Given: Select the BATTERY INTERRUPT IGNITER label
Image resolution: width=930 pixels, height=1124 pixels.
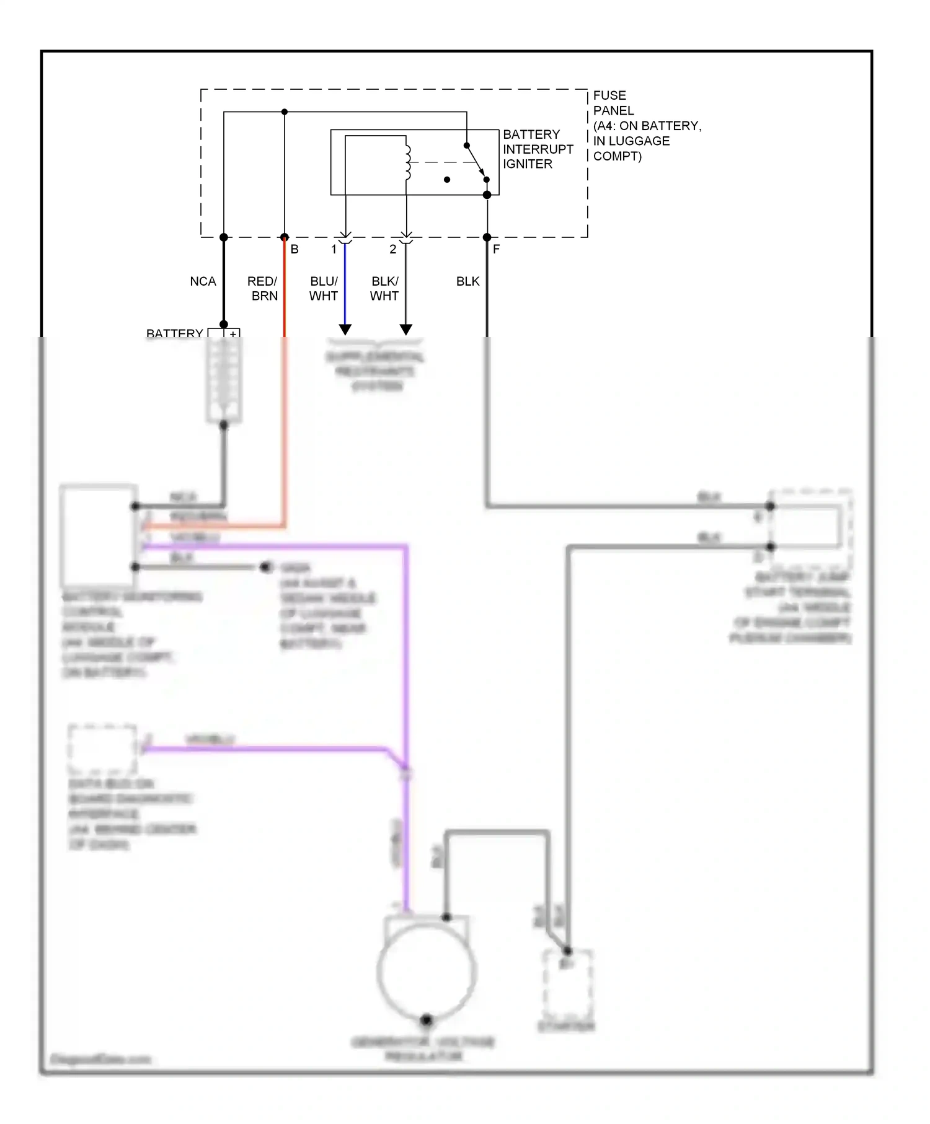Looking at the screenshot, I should point(538,149).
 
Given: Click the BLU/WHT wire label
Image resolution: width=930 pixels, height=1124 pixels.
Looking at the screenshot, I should point(324,289).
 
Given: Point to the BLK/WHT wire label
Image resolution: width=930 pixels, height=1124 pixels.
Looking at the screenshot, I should point(384,289).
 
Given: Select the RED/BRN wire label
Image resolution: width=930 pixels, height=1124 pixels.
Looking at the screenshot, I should point(263,289).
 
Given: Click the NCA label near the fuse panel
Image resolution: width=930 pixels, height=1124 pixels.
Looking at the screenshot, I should point(203,281).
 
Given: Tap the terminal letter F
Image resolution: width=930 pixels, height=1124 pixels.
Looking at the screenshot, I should point(496,249).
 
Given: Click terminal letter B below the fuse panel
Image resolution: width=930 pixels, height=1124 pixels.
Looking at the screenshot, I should point(294,249).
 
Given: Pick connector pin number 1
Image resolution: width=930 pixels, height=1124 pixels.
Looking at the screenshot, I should point(334,249).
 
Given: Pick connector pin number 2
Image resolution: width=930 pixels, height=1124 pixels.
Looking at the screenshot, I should point(392,249).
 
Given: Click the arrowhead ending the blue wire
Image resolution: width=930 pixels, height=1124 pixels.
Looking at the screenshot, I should point(345,330).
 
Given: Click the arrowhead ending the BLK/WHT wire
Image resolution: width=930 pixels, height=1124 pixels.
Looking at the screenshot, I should point(406,330).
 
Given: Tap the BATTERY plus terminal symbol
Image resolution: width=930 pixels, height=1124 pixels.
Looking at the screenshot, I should point(233,334).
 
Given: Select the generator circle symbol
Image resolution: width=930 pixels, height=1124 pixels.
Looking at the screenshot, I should point(427,971).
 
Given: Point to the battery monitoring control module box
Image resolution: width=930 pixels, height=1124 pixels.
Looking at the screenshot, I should point(98,535).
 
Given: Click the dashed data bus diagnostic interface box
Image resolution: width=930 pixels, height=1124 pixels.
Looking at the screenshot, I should point(102,749).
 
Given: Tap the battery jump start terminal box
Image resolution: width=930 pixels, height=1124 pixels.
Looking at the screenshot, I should point(809,527).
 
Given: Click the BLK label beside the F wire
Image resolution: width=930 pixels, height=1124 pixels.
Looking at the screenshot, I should point(467,281).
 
